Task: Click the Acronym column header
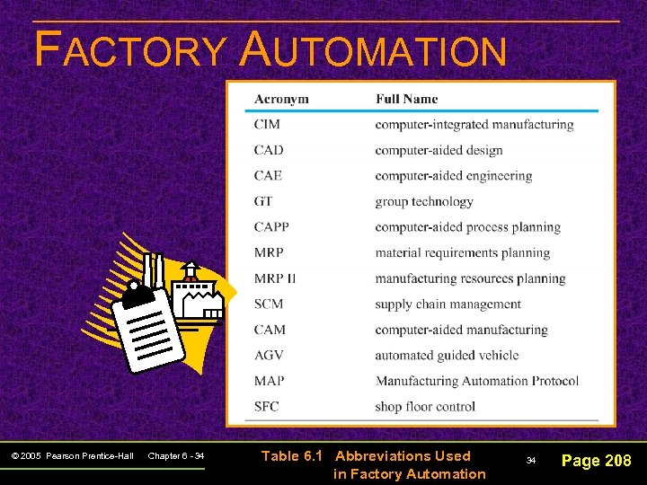pos(281,99)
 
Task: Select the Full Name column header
pos(406,99)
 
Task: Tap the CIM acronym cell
pos(267,125)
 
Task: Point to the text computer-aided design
pos(439,150)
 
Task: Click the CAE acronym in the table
pos(268,176)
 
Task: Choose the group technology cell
pos(423,201)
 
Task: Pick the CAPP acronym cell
pos(271,227)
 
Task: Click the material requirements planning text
pos(462,253)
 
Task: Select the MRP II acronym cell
pos(274,278)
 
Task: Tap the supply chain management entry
pos(448,304)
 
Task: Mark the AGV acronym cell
pos(269,356)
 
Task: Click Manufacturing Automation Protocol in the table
pos(476,381)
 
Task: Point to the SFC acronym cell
pos(267,407)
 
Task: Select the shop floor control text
pos(425,407)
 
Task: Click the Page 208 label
pos(596,461)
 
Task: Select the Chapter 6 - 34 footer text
pos(176,457)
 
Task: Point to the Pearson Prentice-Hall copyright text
pos(73,457)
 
